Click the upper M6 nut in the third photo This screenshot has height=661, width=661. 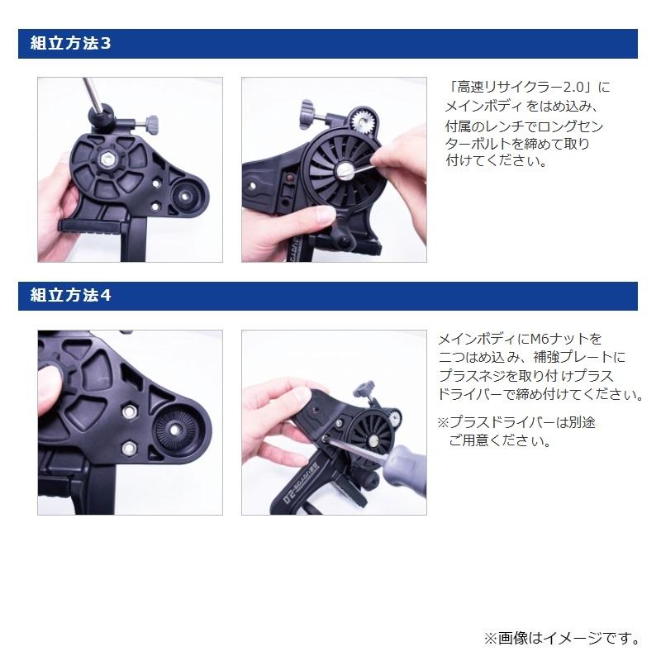129,411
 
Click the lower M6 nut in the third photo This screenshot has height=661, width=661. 129,447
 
